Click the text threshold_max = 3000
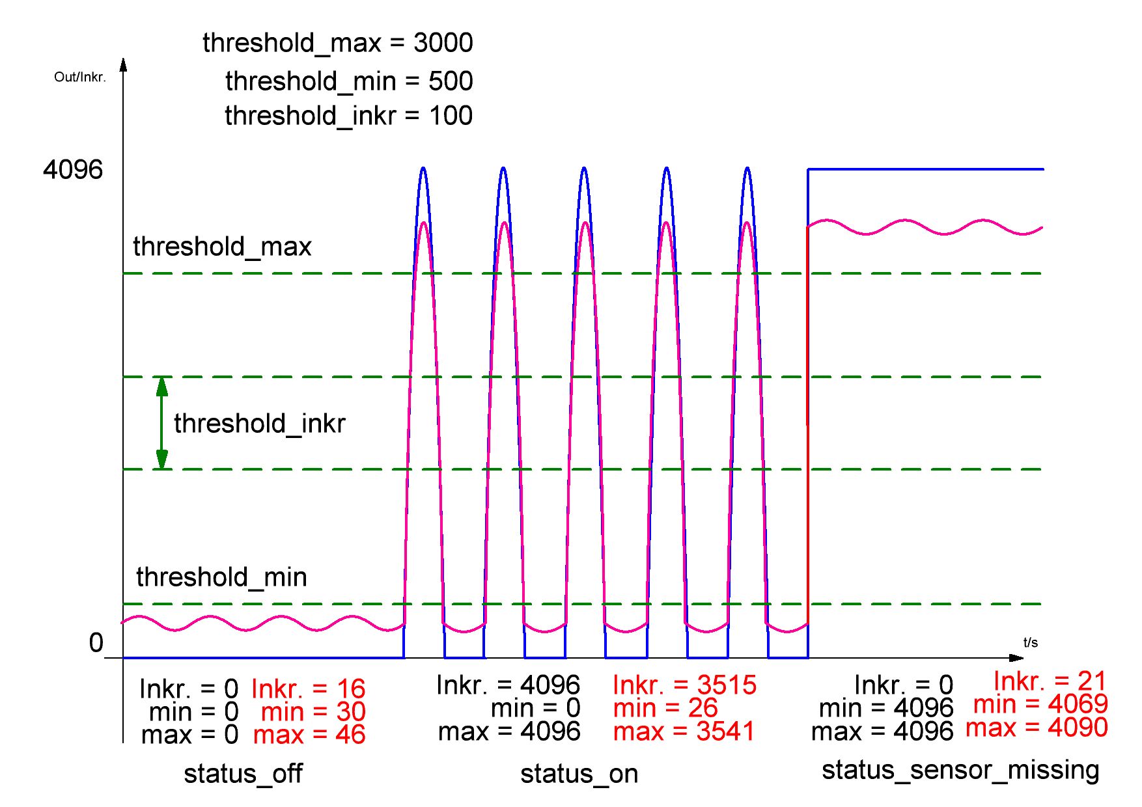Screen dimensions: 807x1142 click(337, 43)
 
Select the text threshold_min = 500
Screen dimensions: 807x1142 click(349, 81)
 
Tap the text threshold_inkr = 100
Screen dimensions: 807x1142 click(348, 116)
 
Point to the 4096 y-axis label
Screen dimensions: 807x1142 click(73, 170)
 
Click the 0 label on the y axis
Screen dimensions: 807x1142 click(96, 643)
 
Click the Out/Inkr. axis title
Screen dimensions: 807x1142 click(79, 77)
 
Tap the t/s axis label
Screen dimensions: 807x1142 click(1030, 643)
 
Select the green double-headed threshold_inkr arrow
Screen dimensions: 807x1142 click(162, 423)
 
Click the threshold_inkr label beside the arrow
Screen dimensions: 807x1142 click(259, 424)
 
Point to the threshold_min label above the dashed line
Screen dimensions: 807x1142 click(221, 577)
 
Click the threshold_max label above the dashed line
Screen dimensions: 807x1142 click(222, 247)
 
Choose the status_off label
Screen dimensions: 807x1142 click(243, 774)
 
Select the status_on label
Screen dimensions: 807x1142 click(579, 774)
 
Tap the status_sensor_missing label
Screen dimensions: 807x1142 click(960, 770)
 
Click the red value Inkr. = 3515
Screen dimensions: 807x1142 click(685, 685)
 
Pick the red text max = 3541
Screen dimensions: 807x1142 click(684, 732)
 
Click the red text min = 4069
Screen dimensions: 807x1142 click(1040, 704)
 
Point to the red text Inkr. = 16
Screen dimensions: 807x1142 click(308, 689)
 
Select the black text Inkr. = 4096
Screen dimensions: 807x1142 click(508, 685)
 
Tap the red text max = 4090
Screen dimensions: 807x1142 click(1037, 728)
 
